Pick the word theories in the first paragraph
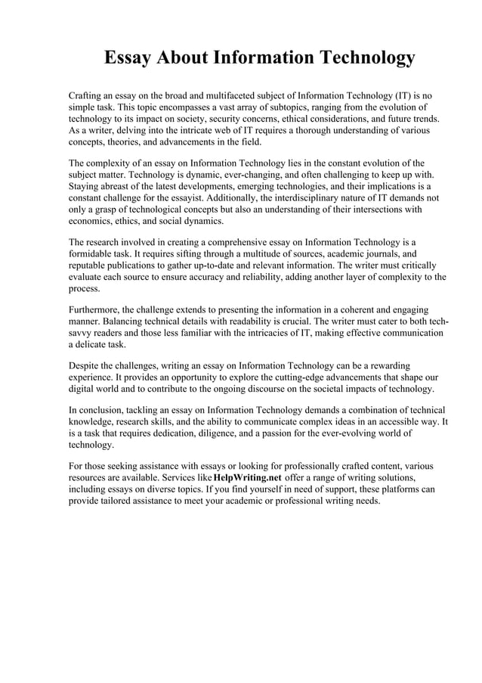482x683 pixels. [x=129, y=141]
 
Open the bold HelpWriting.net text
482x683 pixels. [x=248, y=479]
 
